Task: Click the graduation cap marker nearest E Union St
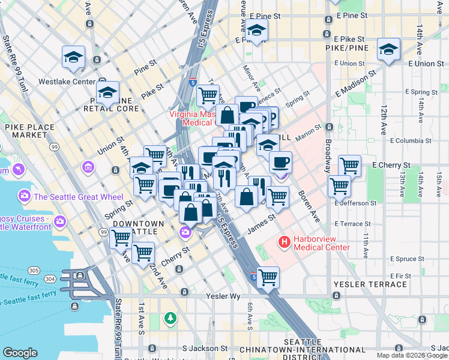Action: (x=388, y=50)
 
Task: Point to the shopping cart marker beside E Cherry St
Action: (x=349, y=165)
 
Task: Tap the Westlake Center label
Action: (x=67, y=82)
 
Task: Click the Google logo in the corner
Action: (x=20, y=353)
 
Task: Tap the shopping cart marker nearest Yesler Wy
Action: (x=268, y=277)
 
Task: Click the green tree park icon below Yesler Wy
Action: (x=171, y=317)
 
